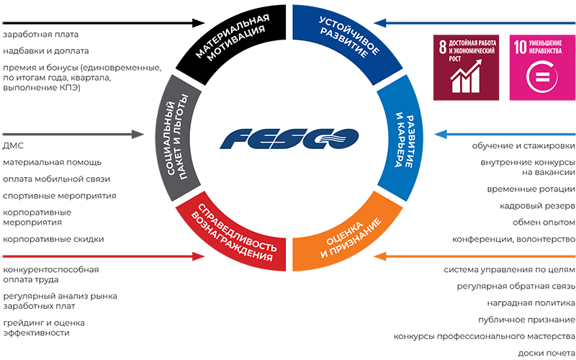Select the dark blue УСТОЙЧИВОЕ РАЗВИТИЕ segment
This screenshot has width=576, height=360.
tap(342, 40)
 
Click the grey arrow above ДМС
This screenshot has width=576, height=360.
tap(72, 134)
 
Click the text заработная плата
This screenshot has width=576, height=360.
tap(40, 34)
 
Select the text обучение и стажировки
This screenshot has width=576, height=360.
tap(523, 146)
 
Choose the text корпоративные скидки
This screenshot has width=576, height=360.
tap(53, 239)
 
